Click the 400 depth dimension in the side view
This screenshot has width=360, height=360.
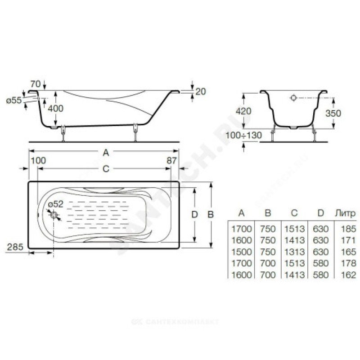[x=55, y=108]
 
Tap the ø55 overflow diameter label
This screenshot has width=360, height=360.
[x=14, y=100]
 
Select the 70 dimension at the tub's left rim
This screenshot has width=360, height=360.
[x=36, y=84]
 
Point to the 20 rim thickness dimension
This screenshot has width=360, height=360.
[x=201, y=92]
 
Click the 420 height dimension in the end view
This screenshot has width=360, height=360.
[x=243, y=111]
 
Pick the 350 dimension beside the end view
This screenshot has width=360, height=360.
[x=333, y=113]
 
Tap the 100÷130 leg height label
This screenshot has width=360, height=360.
[x=243, y=135]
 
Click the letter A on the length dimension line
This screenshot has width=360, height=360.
[x=106, y=152]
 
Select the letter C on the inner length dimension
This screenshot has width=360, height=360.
[x=106, y=169]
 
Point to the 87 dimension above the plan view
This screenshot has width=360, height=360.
[x=172, y=161]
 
